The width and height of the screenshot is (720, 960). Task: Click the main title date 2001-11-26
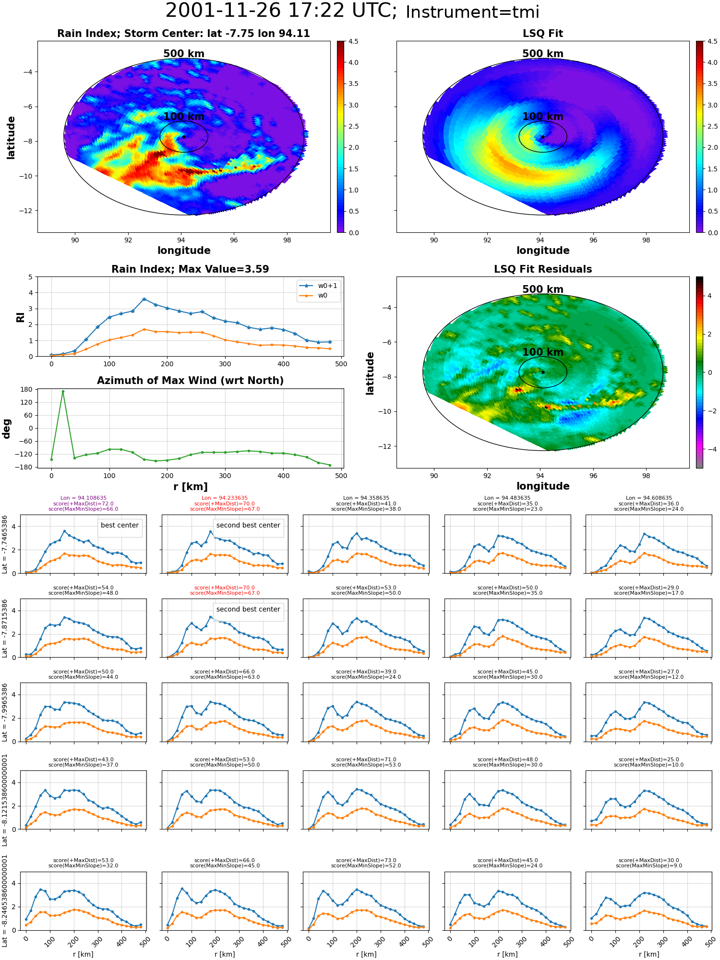pyautogui.click(x=230, y=11)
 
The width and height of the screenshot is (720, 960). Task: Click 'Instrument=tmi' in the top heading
pyautogui.click(x=472, y=12)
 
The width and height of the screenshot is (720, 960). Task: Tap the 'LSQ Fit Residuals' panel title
pyautogui.click(x=543, y=269)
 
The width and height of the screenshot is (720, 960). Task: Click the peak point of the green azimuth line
pyautogui.click(x=63, y=392)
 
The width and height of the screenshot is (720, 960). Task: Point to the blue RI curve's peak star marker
pyautogui.click(x=144, y=299)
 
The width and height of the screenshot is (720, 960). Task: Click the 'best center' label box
pyautogui.click(x=120, y=526)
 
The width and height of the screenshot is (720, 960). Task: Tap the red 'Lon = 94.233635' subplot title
pyautogui.click(x=225, y=498)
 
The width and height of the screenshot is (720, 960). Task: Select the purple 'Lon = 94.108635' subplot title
pyautogui.click(x=84, y=498)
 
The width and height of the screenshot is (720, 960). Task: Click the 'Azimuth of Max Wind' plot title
pyautogui.click(x=190, y=381)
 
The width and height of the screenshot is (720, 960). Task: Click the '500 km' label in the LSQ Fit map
pyautogui.click(x=543, y=53)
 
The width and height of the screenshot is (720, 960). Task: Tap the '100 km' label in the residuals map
pyautogui.click(x=543, y=352)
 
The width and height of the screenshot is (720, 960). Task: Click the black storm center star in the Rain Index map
pyautogui.click(x=183, y=137)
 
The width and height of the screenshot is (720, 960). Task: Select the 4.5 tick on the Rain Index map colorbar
pyautogui.click(x=353, y=41)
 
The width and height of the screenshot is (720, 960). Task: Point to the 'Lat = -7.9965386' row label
pyautogui.click(x=5, y=712)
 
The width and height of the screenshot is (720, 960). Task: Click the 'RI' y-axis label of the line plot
pyautogui.click(x=20, y=317)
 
